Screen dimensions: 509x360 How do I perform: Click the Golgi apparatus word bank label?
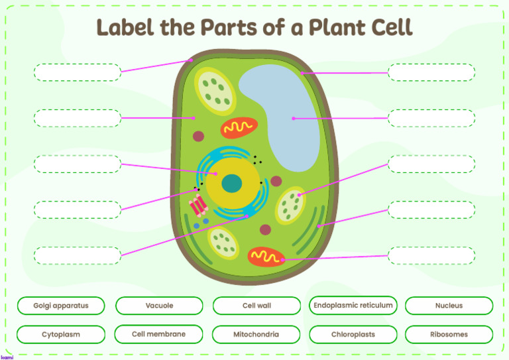(61, 306)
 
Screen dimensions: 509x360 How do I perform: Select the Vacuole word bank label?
(159, 306)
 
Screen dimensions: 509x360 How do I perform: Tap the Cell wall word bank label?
(256, 306)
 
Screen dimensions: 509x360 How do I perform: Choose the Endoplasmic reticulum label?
(353, 305)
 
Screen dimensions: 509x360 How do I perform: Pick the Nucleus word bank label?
(449, 306)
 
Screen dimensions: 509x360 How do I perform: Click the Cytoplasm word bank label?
(61, 334)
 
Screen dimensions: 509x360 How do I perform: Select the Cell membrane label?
(159, 334)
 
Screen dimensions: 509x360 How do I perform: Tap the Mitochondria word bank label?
(256, 334)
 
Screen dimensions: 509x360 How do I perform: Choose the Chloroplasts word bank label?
(353, 334)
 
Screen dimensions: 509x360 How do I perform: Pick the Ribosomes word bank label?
(449, 334)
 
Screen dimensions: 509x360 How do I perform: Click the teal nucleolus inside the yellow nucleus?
(232, 184)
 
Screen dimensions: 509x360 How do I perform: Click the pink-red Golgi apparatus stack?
(198, 206)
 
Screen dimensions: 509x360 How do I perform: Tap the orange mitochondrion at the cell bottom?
(266, 257)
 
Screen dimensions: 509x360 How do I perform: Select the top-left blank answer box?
(78, 72)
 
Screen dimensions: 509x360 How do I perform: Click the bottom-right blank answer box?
(431, 255)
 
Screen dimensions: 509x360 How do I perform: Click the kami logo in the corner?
(7, 357)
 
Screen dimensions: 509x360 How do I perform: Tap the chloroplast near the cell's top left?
(215, 91)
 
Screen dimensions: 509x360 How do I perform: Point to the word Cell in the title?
(392, 27)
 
